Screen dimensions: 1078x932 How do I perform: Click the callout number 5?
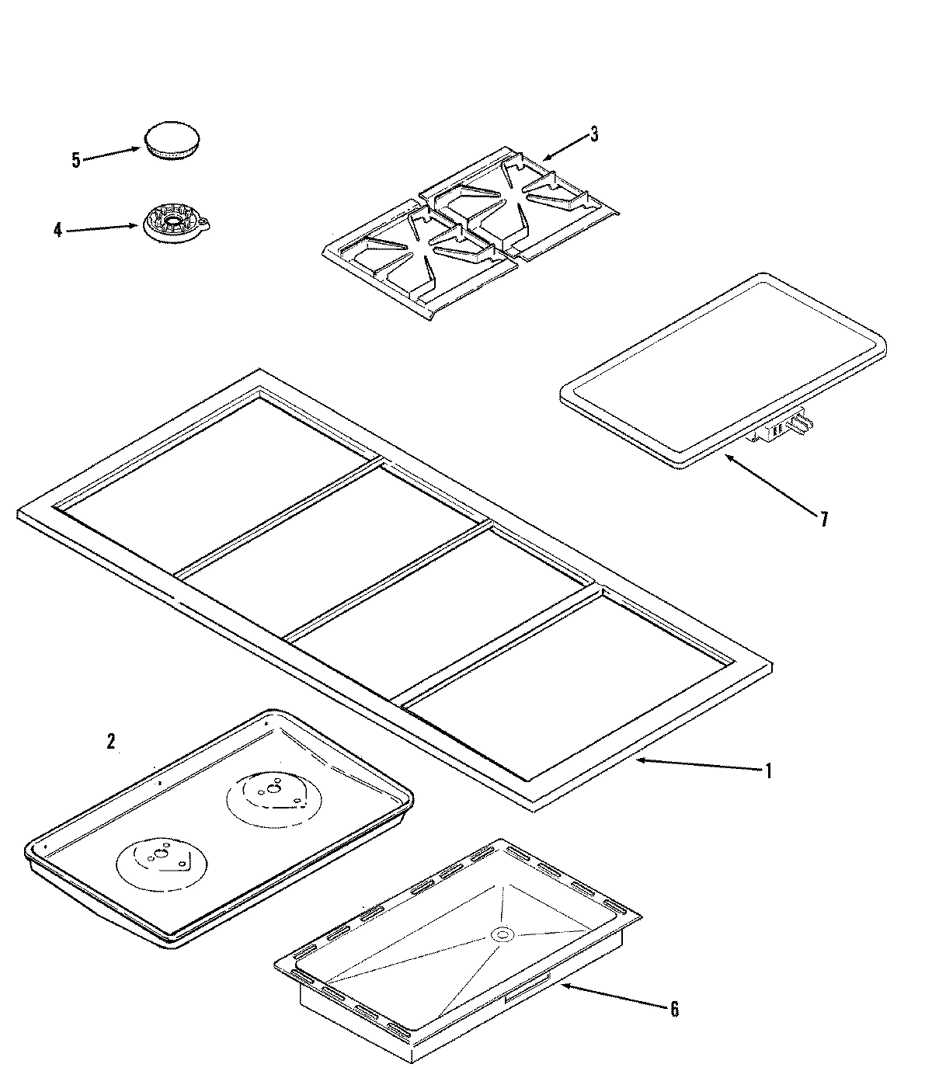[x=75, y=161]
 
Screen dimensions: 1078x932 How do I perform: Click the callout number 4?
[x=57, y=231]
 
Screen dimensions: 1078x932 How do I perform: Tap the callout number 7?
[x=823, y=519]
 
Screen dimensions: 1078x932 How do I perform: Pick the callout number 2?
[x=111, y=742]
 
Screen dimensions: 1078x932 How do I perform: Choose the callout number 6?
[x=673, y=1010]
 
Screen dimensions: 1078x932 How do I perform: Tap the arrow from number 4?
[x=101, y=228]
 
